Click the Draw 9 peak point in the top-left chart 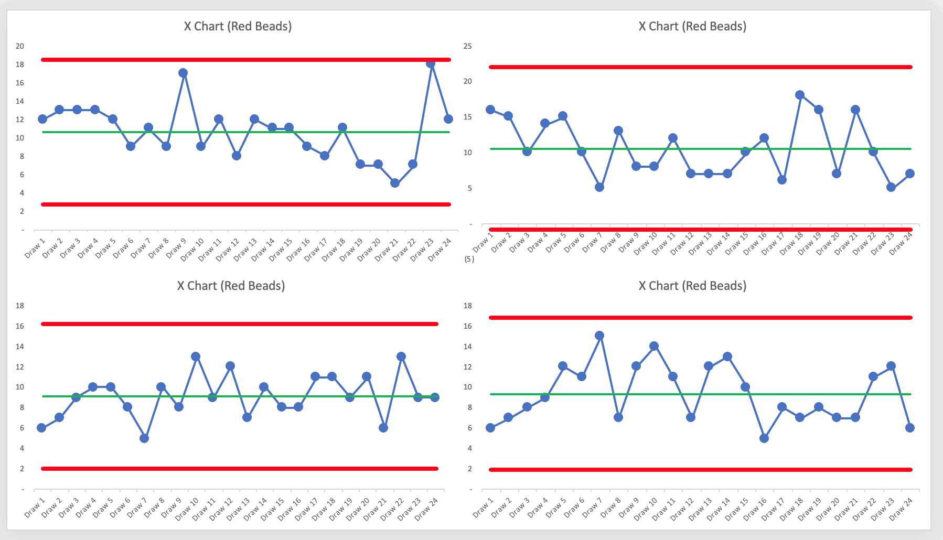point(183,73)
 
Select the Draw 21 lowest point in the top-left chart point(395,183)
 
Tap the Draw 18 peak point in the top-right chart point(800,95)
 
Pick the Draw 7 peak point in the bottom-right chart point(599,336)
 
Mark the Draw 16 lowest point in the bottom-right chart point(764,438)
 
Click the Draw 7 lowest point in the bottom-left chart point(144,438)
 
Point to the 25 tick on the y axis point(467,46)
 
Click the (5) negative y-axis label point(469,259)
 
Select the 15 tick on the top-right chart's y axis point(467,117)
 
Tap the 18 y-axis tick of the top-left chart point(20,64)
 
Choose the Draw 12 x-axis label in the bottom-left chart point(220,509)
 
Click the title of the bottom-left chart point(231,286)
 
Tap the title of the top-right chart point(692,26)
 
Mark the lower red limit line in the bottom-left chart point(239,469)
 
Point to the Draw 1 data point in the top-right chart point(490,110)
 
